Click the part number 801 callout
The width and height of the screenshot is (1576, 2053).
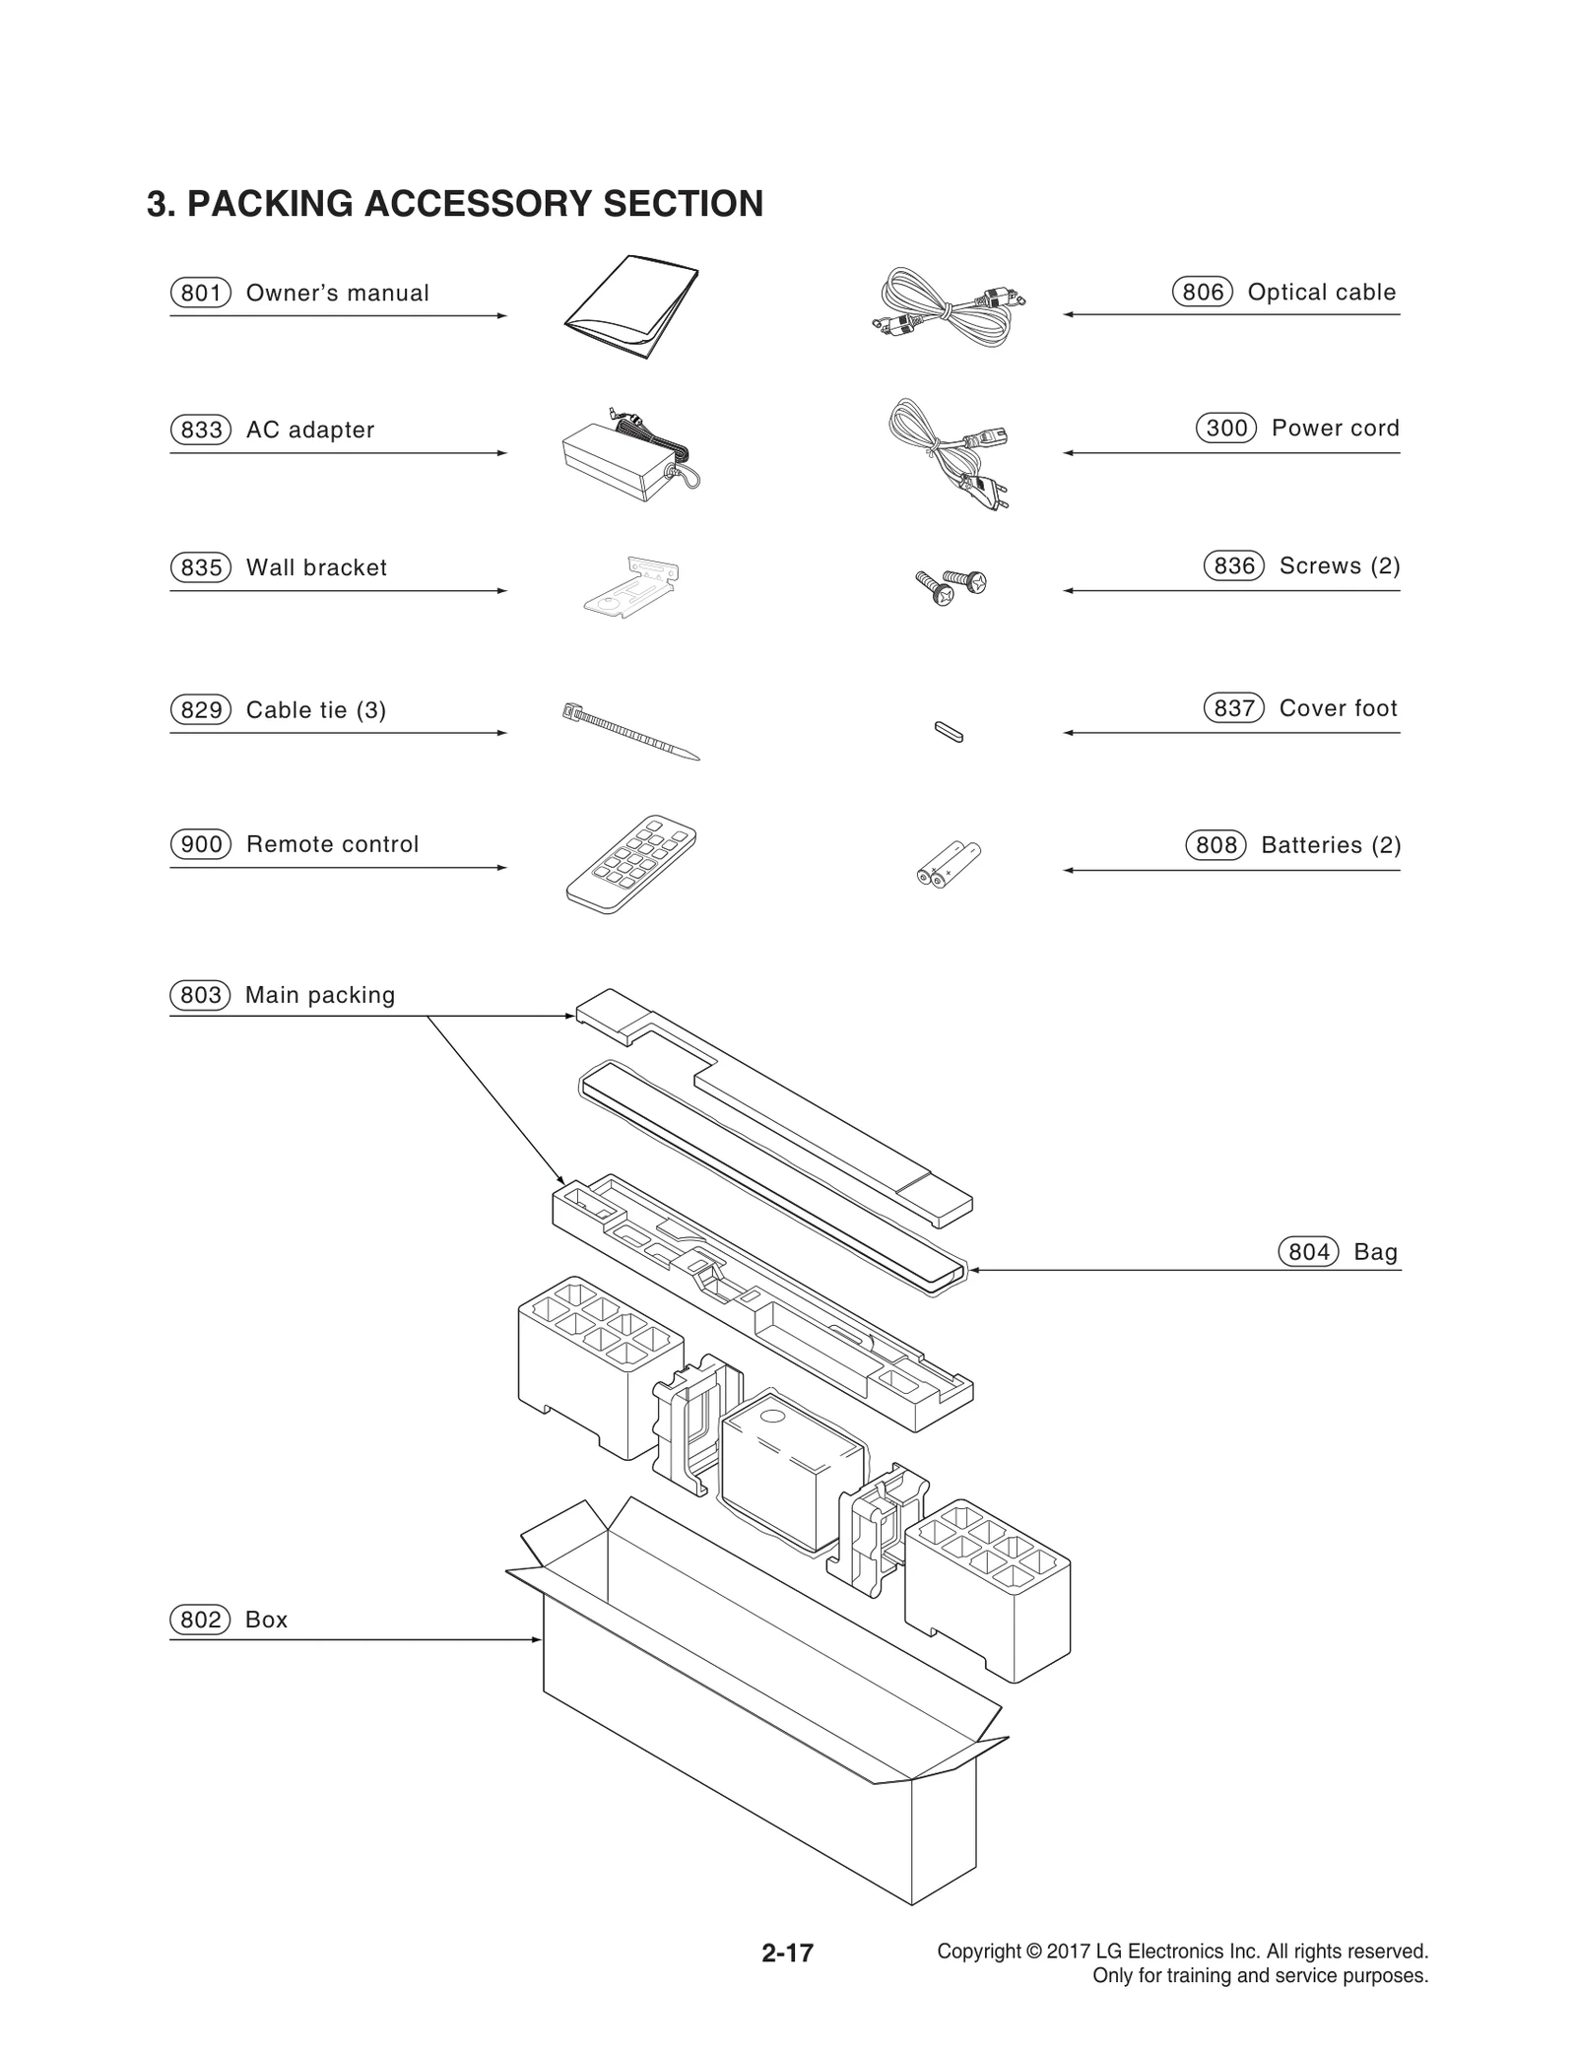(x=201, y=294)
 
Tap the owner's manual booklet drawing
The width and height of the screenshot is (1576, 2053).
(x=632, y=307)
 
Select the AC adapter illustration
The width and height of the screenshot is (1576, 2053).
(x=626, y=458)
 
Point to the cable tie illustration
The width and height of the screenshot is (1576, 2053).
(x=630, y=731)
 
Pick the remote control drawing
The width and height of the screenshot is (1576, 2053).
(x=631, y=863)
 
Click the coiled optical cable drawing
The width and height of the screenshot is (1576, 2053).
(x=948, y=306)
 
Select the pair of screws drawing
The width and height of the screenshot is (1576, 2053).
(x=951, y=587)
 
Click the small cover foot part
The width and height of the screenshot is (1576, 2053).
(x=949, y=731)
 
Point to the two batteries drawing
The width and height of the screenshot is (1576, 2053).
(x=949, y=864)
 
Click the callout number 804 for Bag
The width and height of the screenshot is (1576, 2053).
(x=1308, y=1252)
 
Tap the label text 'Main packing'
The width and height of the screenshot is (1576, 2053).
(x=320, y=995)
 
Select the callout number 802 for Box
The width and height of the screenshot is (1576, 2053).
(x=201, y=1620)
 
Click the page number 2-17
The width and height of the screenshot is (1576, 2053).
(x=787, y=1952)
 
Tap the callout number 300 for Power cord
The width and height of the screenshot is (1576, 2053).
(x=1226, y=429)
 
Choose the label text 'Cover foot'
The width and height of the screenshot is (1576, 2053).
(x=1338, y=708)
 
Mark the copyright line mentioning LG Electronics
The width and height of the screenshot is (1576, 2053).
(x=1182, y=1951)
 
